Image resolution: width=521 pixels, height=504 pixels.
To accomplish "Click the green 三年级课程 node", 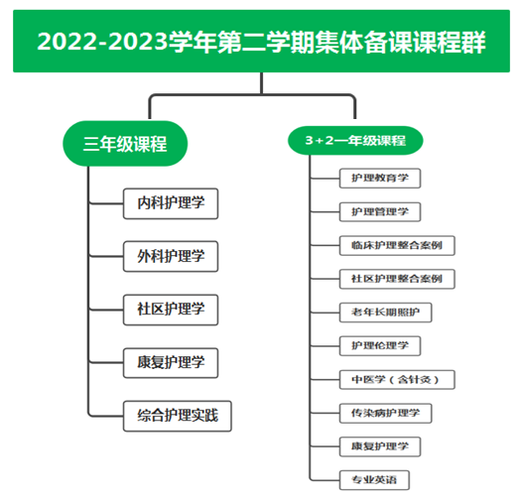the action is (125, 144).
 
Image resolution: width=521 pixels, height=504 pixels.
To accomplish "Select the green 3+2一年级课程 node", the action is (355, 141).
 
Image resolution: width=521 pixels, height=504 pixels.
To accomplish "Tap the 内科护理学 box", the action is (171, 203).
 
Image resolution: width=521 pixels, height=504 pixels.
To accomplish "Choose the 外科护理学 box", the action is (171, 256).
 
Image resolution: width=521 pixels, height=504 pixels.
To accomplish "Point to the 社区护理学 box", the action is (171, 310).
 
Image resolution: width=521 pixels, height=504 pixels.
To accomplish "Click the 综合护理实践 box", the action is (178, 416).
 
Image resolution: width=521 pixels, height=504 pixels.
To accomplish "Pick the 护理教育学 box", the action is (380, 178).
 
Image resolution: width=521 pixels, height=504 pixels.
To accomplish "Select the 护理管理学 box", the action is (380, 211).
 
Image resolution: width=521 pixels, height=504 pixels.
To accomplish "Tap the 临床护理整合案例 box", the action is (397, 245).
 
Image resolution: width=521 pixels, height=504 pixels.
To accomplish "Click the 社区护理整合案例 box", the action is (397, 279).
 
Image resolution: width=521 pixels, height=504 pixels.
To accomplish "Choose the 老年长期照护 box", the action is (385, 313).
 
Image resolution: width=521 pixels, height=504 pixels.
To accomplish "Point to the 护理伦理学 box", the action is (380, 346).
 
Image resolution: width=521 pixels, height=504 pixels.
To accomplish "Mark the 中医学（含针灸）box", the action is (397, 379).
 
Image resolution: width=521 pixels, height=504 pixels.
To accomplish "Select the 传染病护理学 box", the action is (385, 414).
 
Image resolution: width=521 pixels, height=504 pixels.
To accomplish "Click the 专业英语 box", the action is (374, 480).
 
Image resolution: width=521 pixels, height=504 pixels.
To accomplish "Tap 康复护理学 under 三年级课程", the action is (171, 363).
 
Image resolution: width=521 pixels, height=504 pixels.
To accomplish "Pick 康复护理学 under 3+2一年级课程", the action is (380, 446).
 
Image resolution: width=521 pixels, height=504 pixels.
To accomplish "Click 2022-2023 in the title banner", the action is (102, 43).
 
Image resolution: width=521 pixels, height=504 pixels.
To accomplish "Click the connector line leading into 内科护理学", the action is (106, 203).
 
